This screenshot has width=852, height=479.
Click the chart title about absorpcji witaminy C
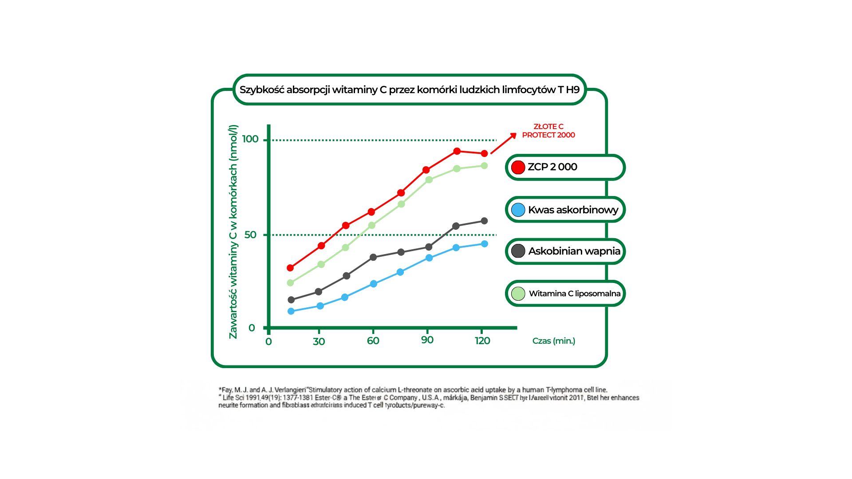tap(409, 90)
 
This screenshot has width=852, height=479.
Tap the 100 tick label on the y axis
tap(250, 139)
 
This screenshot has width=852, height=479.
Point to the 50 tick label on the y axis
tap(250, 235)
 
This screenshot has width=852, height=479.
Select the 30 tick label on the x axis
tap(319, 342)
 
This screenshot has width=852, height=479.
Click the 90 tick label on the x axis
tap(427, 340)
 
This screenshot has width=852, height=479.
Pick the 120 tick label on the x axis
tap(482, 341)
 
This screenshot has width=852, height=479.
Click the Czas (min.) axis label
tap(553, 341)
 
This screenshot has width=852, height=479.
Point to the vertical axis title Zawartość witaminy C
tap(233, 232)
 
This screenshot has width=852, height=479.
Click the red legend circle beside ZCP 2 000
tap(518, 167)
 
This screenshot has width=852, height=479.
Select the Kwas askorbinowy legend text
tap(573, 210)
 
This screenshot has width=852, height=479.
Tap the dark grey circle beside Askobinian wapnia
tap(518, 251)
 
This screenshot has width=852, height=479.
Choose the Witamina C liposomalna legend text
tap(575, 294)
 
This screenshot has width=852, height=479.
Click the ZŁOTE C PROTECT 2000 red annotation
tap(548, 131)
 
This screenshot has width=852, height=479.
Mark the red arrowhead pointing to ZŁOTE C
tap(513, 135)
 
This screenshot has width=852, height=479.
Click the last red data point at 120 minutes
tap(484, 153)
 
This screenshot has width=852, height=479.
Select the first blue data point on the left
tap(291, 311)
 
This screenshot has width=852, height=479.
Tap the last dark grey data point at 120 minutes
tap(484, 221)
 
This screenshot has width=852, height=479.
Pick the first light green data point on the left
tap(291, 283)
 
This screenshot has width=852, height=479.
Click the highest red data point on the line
tap(457, 151)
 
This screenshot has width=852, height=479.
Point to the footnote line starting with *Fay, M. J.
tap(413, 390)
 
